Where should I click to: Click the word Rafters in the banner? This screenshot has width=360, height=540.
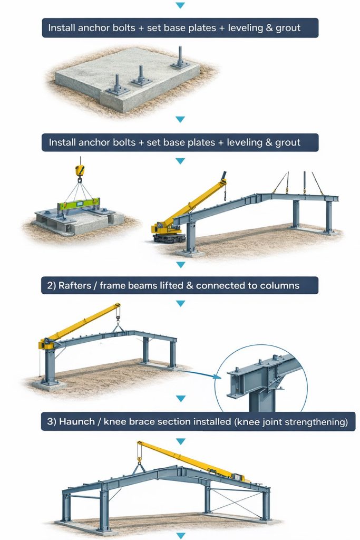[73, 285]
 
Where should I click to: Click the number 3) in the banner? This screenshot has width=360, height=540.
[52, 421]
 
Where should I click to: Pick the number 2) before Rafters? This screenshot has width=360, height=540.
[51, 285]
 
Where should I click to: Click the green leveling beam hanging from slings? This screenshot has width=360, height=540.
[80, 205]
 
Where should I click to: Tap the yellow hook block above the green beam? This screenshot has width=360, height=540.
[80, 170]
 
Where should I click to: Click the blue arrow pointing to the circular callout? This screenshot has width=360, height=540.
[200, 374]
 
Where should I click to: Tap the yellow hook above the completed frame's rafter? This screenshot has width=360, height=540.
[139, 459]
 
